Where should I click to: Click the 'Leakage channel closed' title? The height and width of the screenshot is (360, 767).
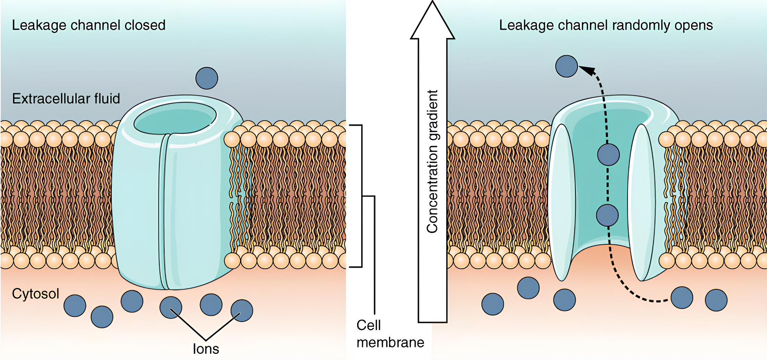point(88,25)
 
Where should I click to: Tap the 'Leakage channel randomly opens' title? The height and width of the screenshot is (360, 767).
point(606,25)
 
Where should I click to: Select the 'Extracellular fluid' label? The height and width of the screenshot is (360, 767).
point(66,99)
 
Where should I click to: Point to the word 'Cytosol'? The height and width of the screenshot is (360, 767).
point(36,294)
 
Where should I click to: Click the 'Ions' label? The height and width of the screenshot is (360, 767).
point(206,349)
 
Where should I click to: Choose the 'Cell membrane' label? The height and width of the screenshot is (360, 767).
point(390,334)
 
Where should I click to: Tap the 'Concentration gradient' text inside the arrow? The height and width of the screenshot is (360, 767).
point(433,161)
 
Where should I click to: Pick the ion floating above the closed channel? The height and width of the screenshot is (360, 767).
point(207,78)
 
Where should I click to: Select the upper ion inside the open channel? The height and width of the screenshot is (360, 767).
point(608,155)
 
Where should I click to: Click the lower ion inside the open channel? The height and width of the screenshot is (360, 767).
point(607,215)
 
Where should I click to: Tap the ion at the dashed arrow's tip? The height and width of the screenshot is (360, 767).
point(567,66)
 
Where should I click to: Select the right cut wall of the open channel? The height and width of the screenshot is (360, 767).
point(643,202)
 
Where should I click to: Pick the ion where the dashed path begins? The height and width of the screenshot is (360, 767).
point(682,298)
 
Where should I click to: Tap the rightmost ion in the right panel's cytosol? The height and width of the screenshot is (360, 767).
point(716,300)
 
